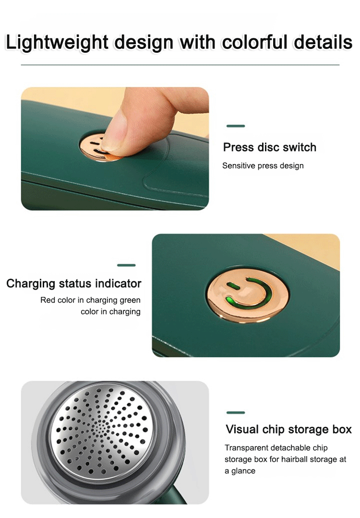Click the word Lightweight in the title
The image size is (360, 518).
click(57, 43)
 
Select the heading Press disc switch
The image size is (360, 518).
click(269, 147)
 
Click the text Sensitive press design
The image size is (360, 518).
click(263, 165)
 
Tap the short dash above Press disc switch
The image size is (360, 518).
click(236, 126)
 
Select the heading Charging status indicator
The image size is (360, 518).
click(74, 283)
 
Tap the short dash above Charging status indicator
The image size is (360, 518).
click(126, 265)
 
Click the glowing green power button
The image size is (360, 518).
click(248, 294)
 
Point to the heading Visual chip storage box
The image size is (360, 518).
click(288, 429)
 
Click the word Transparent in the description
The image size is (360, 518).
click(246, 447)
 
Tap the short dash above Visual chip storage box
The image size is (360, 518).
click(236, 412)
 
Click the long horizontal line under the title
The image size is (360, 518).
click(180, 65)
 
